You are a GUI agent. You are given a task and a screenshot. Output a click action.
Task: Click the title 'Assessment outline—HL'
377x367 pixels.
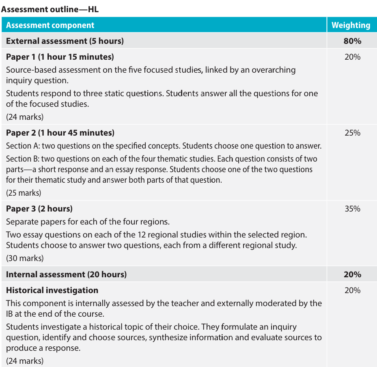pos(50,9)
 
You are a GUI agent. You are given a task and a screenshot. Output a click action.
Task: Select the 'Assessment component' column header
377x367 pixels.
pos(50,25)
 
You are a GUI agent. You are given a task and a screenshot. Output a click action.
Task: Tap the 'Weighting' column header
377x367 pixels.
pos(351,25)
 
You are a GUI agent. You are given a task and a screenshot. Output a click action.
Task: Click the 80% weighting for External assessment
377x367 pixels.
pos(352,41)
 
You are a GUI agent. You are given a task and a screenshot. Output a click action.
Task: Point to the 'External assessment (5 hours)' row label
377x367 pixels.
pos(65,41)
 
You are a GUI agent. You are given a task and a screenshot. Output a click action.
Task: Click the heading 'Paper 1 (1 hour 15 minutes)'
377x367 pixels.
pos(60,56)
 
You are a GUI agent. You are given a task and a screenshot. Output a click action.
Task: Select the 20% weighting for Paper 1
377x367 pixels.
pos(352,57)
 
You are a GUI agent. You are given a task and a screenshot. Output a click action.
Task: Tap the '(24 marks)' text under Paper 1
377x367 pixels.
pos(25,117)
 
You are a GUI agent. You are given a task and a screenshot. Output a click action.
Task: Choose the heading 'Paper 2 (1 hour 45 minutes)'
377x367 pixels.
pos(60,133)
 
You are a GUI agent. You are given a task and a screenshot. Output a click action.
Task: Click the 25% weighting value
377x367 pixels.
pos(352,133)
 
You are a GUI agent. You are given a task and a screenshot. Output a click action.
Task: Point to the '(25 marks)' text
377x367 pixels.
pos(24,193)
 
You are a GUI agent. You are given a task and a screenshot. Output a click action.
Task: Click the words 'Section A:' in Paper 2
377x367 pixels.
pos(23,146)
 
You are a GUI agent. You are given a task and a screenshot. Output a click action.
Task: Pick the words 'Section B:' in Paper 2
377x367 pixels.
pos(23,159)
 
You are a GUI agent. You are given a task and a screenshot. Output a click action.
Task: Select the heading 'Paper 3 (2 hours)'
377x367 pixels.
pos(39,209)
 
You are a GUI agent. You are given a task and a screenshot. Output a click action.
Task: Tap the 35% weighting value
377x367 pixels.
pos(352,209)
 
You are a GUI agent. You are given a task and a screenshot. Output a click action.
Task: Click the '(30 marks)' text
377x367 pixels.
pos(25,258)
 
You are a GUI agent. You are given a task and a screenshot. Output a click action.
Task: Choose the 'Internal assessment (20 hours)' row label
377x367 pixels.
pos(66,274)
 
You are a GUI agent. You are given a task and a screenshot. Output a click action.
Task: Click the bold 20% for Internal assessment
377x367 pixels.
pos(352,274)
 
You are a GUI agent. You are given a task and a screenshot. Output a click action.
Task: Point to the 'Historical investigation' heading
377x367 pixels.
pos(52,290)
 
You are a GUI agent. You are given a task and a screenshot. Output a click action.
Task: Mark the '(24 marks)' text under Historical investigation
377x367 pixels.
pos(25,361)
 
